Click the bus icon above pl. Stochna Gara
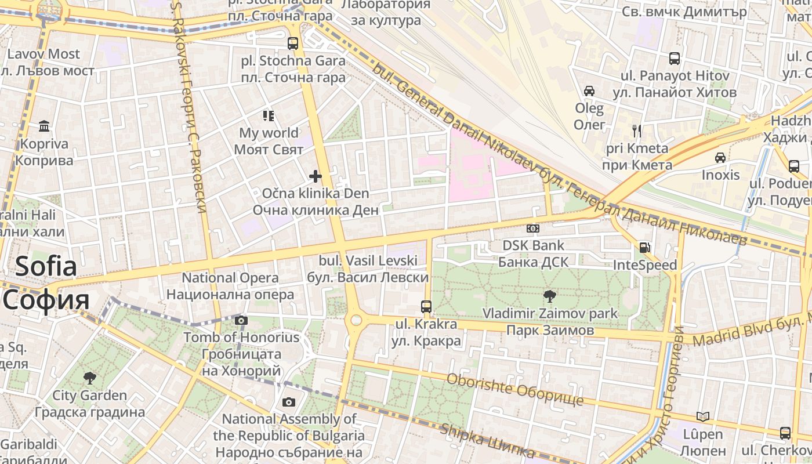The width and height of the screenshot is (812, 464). tap(293, 43)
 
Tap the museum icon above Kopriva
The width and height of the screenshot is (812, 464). tap(44, 126)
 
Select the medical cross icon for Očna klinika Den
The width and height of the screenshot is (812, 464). tap(316, 176)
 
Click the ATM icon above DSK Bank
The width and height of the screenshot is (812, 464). tap(532, 229)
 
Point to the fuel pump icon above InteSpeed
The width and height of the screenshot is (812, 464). tap(644, 248)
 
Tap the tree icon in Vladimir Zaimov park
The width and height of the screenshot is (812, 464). tap(549, 296)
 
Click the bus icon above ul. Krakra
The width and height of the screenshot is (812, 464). tap(426, 306)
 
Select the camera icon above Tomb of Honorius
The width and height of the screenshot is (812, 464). tap(241, 320)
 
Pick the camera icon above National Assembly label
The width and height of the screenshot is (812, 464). tap(288, 402)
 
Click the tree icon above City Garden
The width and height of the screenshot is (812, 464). tap(89, 378)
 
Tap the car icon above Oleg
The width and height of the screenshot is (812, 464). tap(589, 91)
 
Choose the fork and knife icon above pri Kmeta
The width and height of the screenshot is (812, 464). tap(637, 131)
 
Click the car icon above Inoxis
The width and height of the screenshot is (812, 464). tap(720, 158)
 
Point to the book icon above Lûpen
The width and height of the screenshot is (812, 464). tap(702, 416)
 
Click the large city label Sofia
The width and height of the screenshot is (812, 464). tap(46, 267)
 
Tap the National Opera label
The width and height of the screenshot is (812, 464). tap(230, 278)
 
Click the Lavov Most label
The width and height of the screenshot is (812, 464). tap(43, 54)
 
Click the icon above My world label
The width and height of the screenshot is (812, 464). tap(268, 115)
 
